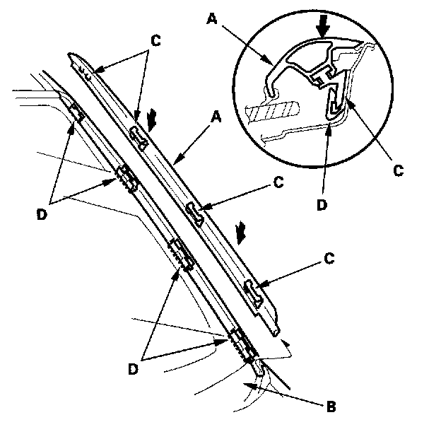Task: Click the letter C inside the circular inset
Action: click(x=399, y=171)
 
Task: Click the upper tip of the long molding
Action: click(x=73, y=56)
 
